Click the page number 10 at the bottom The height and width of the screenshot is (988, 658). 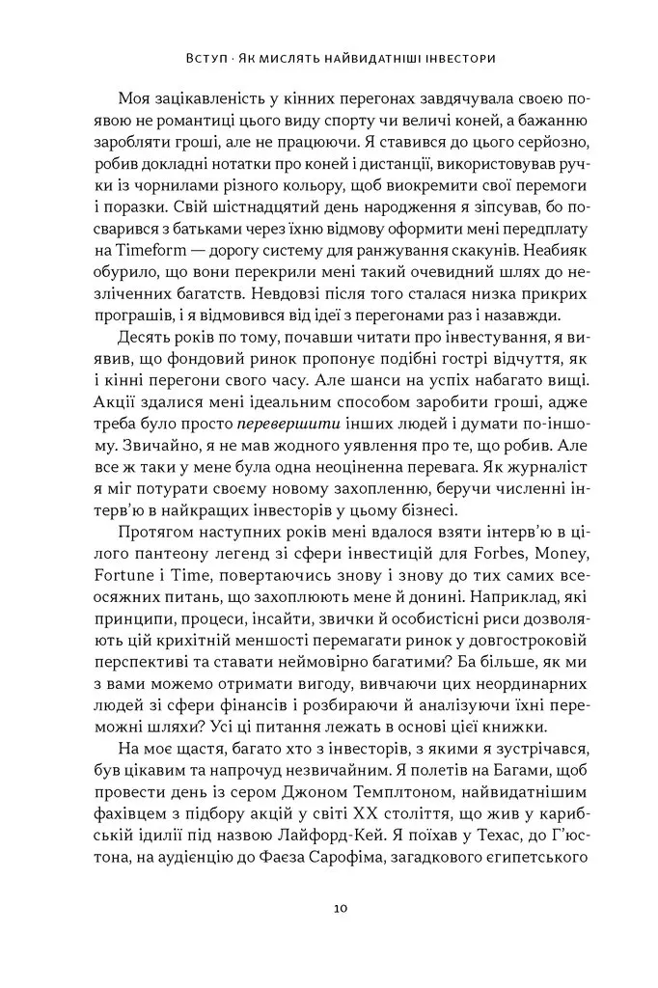click(330, 908)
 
